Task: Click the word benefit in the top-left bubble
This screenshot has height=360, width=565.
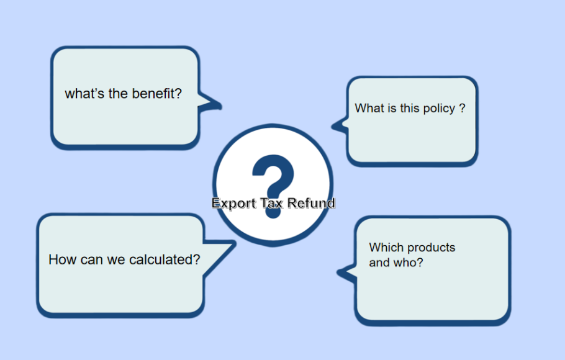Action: click(x=158, y=94)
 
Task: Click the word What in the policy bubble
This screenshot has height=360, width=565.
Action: click(x=369, y=108)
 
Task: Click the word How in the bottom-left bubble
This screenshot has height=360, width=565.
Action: click(x=63, y=259)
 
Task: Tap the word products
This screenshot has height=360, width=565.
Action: click(x=432, y=248)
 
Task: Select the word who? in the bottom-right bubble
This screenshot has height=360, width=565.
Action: click(x=409, y=263)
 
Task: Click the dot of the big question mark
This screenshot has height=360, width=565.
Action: click(x=272, y=211)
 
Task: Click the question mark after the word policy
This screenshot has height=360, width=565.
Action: click(x=462, y=108)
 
